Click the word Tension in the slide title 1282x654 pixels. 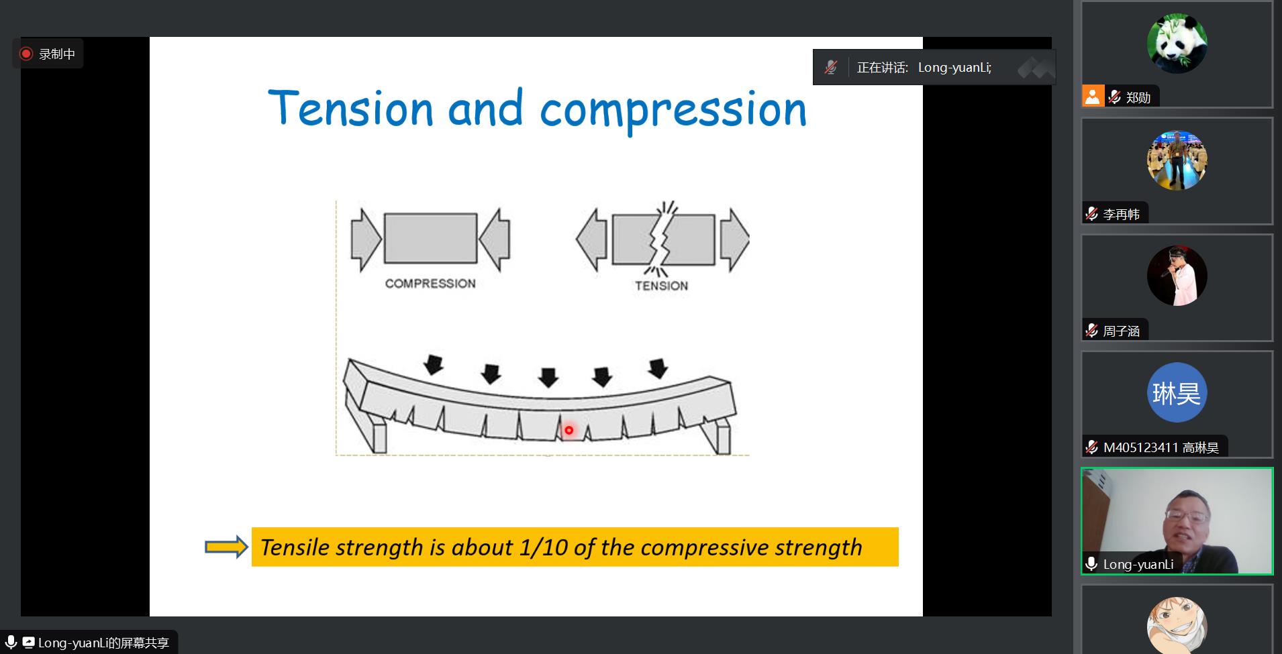(x=350, y=108)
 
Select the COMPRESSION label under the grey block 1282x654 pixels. (x=430, y=284)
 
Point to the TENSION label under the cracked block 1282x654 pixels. (x=662, y=286)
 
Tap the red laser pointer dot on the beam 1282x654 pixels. (x=569, y=430)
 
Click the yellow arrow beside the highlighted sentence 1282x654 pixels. (x=227, y=547)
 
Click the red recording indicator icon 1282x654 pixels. (x=26, y=54)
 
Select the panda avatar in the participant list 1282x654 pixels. (x=1177, y=44)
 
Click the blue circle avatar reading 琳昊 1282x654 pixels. (x=1177, y=392)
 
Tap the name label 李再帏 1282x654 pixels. (x=1121, y=215)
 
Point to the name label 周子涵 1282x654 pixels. (x=1121, y=331)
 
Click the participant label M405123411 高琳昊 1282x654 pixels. (x=1161, y=447)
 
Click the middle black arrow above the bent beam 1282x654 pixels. (x=548, y=377)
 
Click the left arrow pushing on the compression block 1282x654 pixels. (x=366, y=239)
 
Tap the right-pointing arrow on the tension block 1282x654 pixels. (x=735, y=239)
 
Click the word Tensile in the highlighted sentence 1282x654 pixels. (x=294, y=547)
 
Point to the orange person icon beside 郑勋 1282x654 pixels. (x=1093, y=97)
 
